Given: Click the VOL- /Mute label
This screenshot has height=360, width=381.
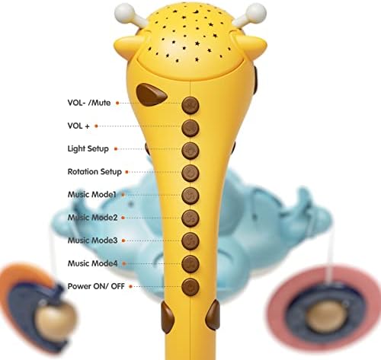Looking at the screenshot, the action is pos(89,103).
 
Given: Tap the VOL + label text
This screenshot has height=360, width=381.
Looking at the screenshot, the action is pos(78,126).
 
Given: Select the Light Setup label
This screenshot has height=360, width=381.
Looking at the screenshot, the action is pos(88,148).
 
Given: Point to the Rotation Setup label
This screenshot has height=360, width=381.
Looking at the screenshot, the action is pos(94,172).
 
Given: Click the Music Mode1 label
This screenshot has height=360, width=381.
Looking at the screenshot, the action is pos(91,195).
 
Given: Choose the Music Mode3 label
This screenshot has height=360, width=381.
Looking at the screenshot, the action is pos(92,241).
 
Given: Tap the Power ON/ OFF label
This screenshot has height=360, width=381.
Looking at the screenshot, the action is pos(96,286).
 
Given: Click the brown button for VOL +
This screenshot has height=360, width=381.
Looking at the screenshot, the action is pos(190,128).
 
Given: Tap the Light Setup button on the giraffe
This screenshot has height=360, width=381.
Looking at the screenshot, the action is pos(190,151).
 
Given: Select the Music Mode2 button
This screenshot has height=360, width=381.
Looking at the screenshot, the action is pos(190,218).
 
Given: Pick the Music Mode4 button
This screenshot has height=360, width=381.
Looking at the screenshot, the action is pos(190,264).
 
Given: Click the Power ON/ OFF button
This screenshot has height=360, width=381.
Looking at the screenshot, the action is pos(190,287).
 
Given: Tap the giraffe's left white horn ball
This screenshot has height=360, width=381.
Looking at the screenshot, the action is pos(124,12).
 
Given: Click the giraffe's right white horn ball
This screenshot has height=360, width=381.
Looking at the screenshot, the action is pos(257,12).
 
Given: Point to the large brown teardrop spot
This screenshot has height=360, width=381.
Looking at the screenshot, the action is pos(151,94).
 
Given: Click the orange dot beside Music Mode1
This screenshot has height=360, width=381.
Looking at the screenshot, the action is pos(123,195).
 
